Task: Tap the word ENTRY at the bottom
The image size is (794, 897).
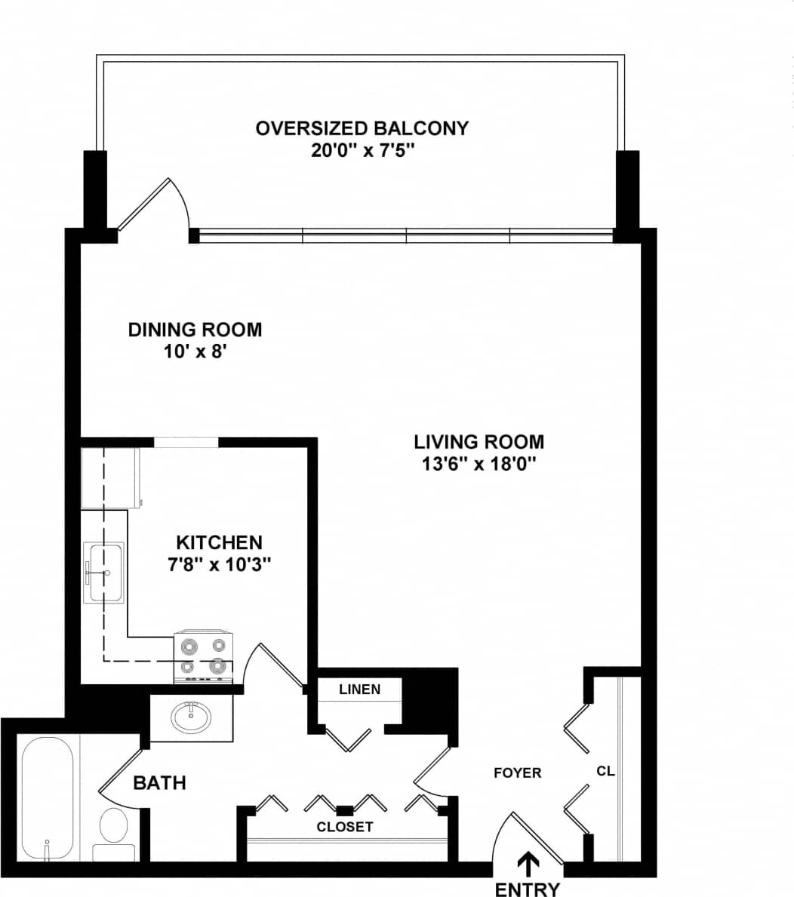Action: coord(528,889)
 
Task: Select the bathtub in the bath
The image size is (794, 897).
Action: coord(47,798)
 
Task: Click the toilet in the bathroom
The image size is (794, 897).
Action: coord(114,829)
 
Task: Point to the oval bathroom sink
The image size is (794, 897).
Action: coord(191,717)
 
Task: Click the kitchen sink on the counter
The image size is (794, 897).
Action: coord(105,572)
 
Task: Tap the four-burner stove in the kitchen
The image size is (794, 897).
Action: coord(204,656)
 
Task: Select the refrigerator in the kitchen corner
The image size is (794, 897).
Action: coord(110,478)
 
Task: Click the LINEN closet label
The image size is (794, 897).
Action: coord(359,689)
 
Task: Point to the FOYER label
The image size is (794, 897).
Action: coord(517,773)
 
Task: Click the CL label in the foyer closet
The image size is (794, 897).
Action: coord(605,771)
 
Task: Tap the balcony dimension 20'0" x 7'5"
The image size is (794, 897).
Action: coord(363,150)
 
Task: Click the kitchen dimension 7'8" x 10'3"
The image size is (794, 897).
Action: coord(219,564)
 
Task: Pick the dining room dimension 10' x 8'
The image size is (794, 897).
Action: coord(195,352)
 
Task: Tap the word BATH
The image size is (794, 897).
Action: coord(159,782)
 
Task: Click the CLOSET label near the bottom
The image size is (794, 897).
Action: coord(344,827)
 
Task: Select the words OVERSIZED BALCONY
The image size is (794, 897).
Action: coord(362,127)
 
